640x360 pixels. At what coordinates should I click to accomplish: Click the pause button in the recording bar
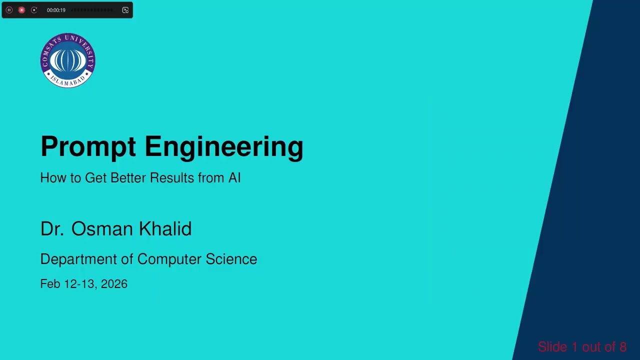tap(9, 10)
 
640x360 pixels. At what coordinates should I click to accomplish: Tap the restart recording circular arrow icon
tap(34, 10)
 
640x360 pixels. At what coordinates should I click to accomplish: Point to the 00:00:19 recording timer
tap(56, 10)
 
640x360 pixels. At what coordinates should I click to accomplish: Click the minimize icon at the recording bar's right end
tap(125, 10)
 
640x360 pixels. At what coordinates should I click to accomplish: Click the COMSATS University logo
tap(67, 60)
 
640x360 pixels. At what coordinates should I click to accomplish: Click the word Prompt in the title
tap(88, 147)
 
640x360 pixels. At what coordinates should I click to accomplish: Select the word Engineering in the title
tap(223, 147)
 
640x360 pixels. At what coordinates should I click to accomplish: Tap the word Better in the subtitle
tap(128, 178)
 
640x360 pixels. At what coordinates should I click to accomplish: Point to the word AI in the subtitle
tap(234, 178)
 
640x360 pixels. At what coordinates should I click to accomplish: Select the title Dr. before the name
tap(52, 229)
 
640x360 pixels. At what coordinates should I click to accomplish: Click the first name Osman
tap(102, 229)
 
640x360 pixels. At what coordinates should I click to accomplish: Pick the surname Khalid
tap(165, 229)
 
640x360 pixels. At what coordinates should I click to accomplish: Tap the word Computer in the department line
tap(169, 259)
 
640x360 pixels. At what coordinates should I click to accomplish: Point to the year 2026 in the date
tap(114, 284)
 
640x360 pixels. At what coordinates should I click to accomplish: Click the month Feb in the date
tap(50, 284)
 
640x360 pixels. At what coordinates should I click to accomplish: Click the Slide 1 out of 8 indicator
tap(582, 347)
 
